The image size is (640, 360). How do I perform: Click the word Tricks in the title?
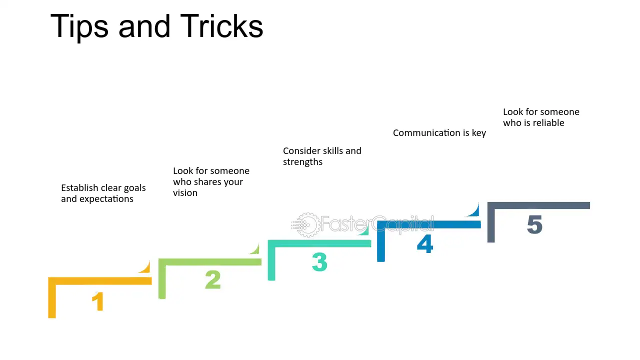[221, 26]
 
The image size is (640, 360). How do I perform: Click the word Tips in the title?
[79, 27]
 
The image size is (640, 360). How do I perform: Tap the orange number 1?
[97, 301]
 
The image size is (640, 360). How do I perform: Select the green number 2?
[213, 279]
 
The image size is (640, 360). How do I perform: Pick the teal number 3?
[319, 261]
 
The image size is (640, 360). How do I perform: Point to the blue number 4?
[425, 243]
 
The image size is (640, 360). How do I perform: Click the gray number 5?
[534, 224]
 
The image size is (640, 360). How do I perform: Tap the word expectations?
[106, 199]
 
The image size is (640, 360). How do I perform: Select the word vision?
[185, 193]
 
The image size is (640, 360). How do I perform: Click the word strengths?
[302, 162]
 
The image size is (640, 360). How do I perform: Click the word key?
[479, 133]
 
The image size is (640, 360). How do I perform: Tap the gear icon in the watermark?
[306, 225]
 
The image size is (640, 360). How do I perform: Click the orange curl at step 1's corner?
[145, 267]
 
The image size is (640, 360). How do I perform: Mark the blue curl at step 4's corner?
[473, 210]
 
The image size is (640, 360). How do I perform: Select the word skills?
[333, 150]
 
